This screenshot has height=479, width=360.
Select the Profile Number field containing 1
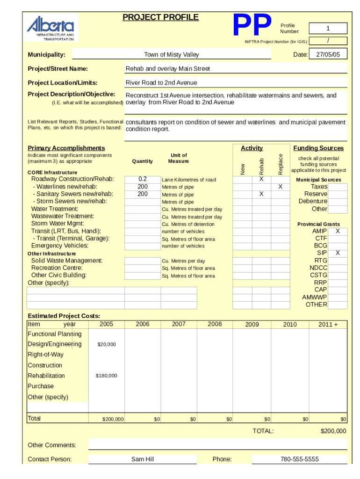(328, 28)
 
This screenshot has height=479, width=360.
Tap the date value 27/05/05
(331, 55)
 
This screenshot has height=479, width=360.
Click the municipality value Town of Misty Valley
(171, 55)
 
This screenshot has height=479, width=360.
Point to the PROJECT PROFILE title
(160, 18)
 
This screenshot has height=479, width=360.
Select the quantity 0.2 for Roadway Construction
(142, 179)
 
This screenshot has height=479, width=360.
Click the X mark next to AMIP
(338, 231)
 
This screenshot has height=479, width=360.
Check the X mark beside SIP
(338, 253)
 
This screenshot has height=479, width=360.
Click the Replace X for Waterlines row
(281, 187)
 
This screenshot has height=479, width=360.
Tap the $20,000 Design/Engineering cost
(106, 344)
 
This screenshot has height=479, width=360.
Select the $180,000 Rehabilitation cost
(106, 376)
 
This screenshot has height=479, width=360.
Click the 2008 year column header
(215, 324)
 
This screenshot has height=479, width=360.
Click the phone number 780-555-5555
(299, 459)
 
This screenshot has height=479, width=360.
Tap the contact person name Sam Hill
(143, 459)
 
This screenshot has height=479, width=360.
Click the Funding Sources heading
(318, 148)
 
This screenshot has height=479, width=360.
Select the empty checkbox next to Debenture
(338, 201)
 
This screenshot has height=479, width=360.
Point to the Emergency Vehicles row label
(59, 246)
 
